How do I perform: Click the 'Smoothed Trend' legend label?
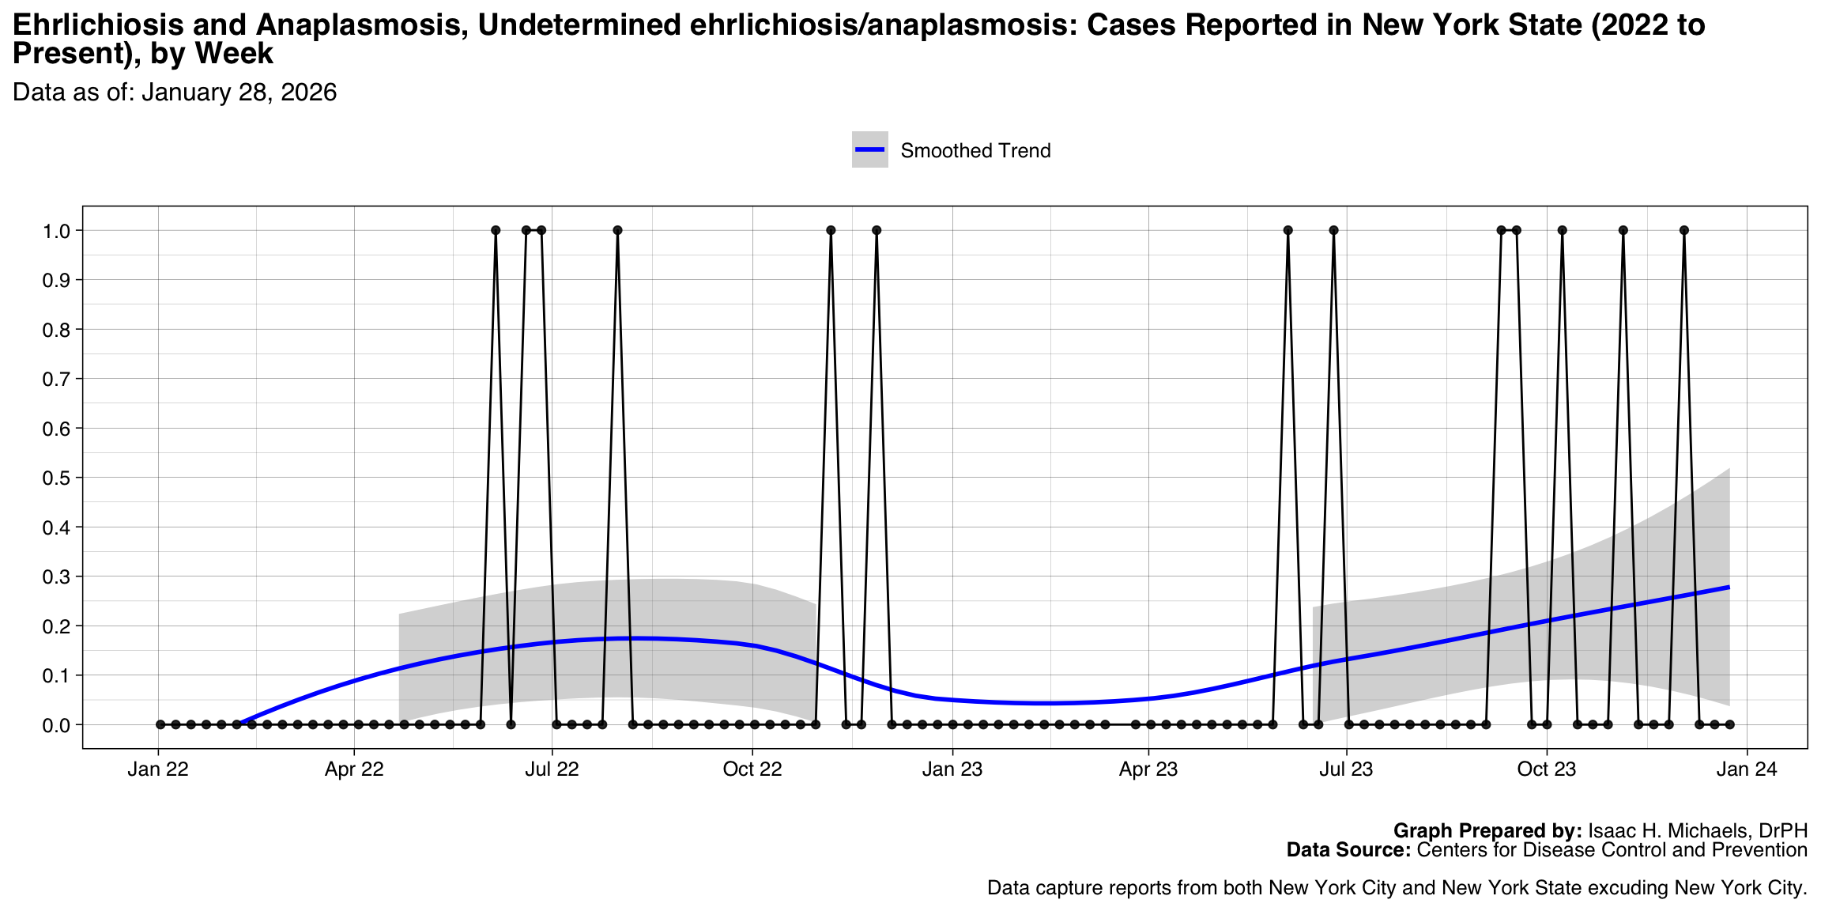click(x=975, y=150)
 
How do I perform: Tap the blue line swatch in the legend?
click(x=869, y=149)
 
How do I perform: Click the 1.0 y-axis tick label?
click(x=60, y=231)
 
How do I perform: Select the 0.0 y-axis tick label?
click(x=60, y=725)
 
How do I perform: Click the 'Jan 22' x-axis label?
click(x=158, y=769)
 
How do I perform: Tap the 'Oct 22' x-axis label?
click(x=752, y=769)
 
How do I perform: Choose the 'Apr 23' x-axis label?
click(x=1148, y=769)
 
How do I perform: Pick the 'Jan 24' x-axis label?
click(x=1747, y=769)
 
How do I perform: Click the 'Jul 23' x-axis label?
click(x=1346, y=769)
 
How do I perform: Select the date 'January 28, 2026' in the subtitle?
click(x=239, y=93)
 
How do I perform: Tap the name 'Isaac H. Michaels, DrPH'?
click(x=1698, y=831)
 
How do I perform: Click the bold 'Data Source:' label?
click(x=1348, y=850)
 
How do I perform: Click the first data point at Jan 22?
click(x=160, y=724)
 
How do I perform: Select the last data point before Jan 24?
click(x=1729, y=724)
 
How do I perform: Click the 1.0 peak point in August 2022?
click(x=617, y=230)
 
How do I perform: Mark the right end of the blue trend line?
click(x=1729, y=587)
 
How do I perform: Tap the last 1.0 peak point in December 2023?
click(x=1684, y=230)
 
